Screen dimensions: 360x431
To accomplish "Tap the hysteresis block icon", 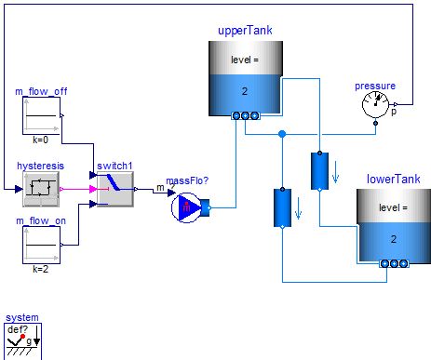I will tap(38, 189).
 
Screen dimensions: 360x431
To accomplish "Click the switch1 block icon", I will tap(115, 190).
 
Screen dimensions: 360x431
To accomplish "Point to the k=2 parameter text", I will tap(40, 269).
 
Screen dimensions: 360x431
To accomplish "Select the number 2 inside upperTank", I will tap(244, 92).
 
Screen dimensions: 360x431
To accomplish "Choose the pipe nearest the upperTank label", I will tap(318, 169).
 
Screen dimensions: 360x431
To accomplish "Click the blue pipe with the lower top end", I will tap(281, 207).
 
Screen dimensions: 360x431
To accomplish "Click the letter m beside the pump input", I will tap(158, 190).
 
